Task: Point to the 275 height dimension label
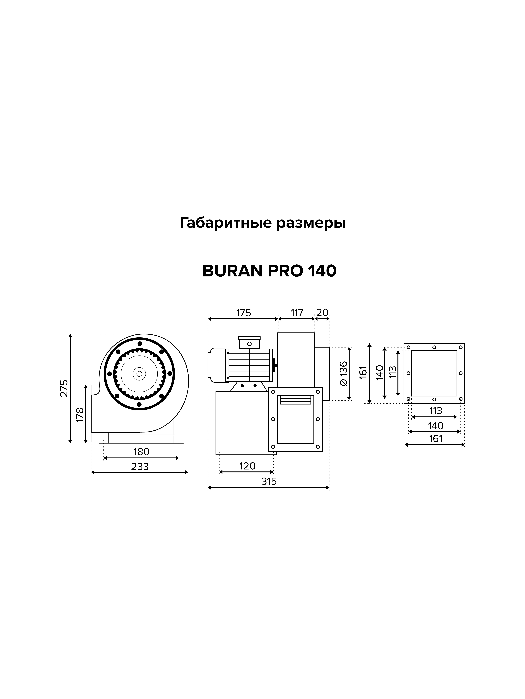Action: (64, 388)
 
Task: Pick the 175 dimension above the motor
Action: (243, 313)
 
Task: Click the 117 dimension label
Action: (297, 313)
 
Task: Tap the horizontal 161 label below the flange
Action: (435, 439)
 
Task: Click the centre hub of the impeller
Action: (139, 373)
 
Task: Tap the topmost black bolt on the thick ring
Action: (140, 343)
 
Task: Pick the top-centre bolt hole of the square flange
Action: (434, 347)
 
